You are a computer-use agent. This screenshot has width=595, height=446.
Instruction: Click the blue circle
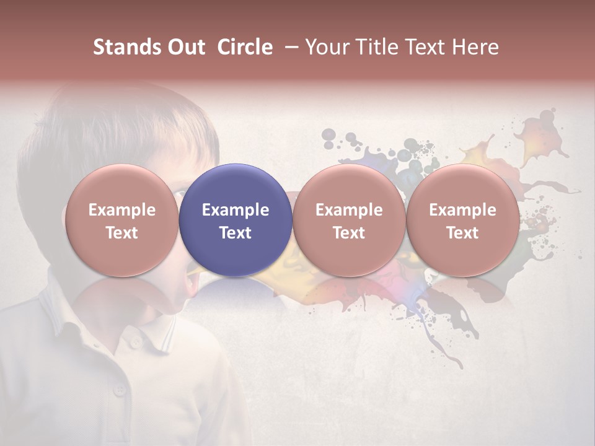click(x=236, y=220)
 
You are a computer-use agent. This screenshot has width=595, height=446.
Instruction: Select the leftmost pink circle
click(x=121, y=220)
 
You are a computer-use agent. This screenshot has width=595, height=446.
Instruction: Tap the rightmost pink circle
click(x=462, y=220)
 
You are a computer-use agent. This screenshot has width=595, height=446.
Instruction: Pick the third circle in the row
click(x=349, y=220)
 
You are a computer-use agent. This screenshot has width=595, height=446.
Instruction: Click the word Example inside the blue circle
click(x=236, y=210)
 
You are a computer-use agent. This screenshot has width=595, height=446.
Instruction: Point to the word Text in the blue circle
click(x=236, y=233)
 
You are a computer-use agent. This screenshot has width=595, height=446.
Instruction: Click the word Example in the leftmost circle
click(x=121, y=210)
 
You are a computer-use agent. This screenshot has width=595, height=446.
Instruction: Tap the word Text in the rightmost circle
click(x=462, y=233)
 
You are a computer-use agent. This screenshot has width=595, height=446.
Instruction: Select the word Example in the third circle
click(x=349, y=210)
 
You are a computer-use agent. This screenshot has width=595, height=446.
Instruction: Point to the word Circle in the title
click(x=245, y=47)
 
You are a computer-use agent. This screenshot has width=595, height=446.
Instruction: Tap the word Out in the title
click(x=184, y=47)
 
